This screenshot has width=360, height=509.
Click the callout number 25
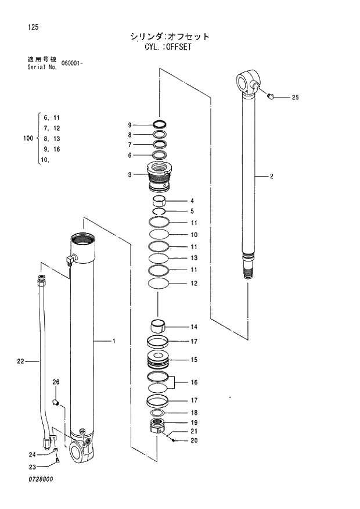click(x=294, y=98)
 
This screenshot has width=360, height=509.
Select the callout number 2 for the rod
click(x=271, y=175)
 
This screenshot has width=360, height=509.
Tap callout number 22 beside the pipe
click(x=20, y=361)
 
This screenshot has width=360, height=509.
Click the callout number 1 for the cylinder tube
click(x=114, y=341)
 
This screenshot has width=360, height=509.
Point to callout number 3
click(x=130, y=174)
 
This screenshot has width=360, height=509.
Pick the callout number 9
click(x=130, y=125)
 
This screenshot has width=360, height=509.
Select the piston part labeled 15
click(x=158, y=359)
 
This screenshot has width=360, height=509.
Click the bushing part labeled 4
click(x=160, y=202)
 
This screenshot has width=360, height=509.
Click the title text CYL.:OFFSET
click(x=168, y=48)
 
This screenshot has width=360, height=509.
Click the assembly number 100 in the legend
click(x=27, y=138)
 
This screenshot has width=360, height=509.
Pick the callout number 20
click(x=194, y=440)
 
